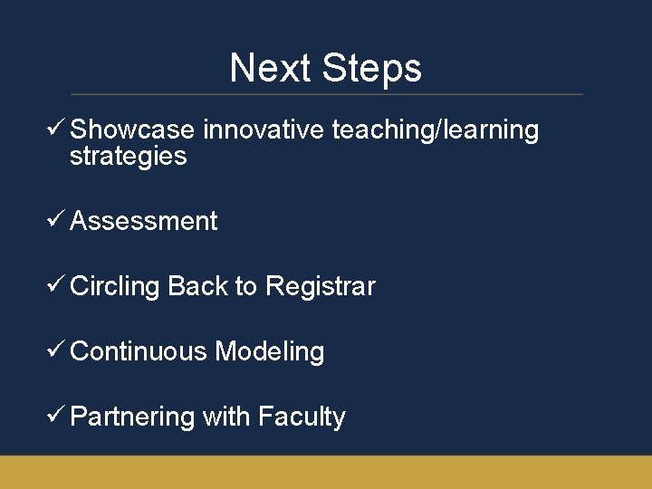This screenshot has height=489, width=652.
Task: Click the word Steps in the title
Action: point(371,68)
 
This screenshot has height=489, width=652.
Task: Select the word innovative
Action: point(264,130)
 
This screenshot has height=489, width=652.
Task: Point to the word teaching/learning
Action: point(436,130)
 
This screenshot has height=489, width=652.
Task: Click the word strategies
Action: point(128,157)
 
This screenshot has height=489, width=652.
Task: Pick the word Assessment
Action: point(143,222)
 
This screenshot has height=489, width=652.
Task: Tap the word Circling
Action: point(115,287)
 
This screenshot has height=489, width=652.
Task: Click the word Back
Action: point(197,287)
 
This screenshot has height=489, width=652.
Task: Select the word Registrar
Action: point(320,287)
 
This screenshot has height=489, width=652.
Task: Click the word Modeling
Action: point(270,352)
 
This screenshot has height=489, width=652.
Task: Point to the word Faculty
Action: point(302,417)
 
